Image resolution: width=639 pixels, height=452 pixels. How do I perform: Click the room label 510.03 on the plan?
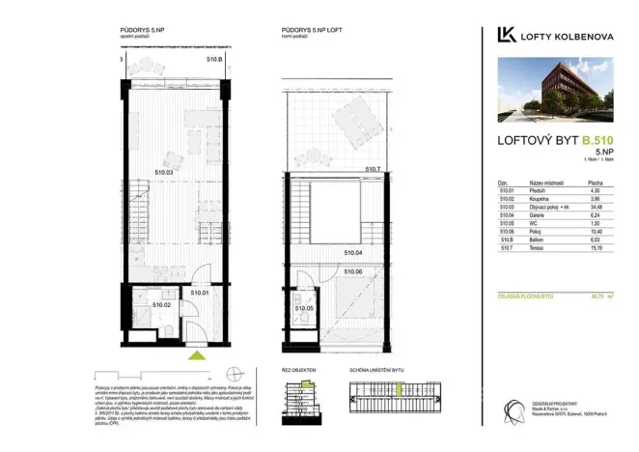click(x=163, y=173)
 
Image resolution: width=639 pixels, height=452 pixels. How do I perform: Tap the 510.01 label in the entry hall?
click(x=200, y=292)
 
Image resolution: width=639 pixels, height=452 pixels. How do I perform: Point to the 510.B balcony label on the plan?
click(x=214, y=59)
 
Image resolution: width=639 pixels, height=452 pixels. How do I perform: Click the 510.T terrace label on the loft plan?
click(x=375, y=170)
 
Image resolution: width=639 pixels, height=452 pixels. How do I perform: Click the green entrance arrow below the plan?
click(x=197, y=355)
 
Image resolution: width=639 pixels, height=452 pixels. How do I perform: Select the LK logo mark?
click(x=505, y=35)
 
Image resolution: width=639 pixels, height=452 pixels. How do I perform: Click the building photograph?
click(x=559, y=92)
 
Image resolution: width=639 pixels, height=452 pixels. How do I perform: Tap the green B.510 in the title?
click(x=597, y=140)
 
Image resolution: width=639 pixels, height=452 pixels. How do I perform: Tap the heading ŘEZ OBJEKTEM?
click(x=299, y=371)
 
